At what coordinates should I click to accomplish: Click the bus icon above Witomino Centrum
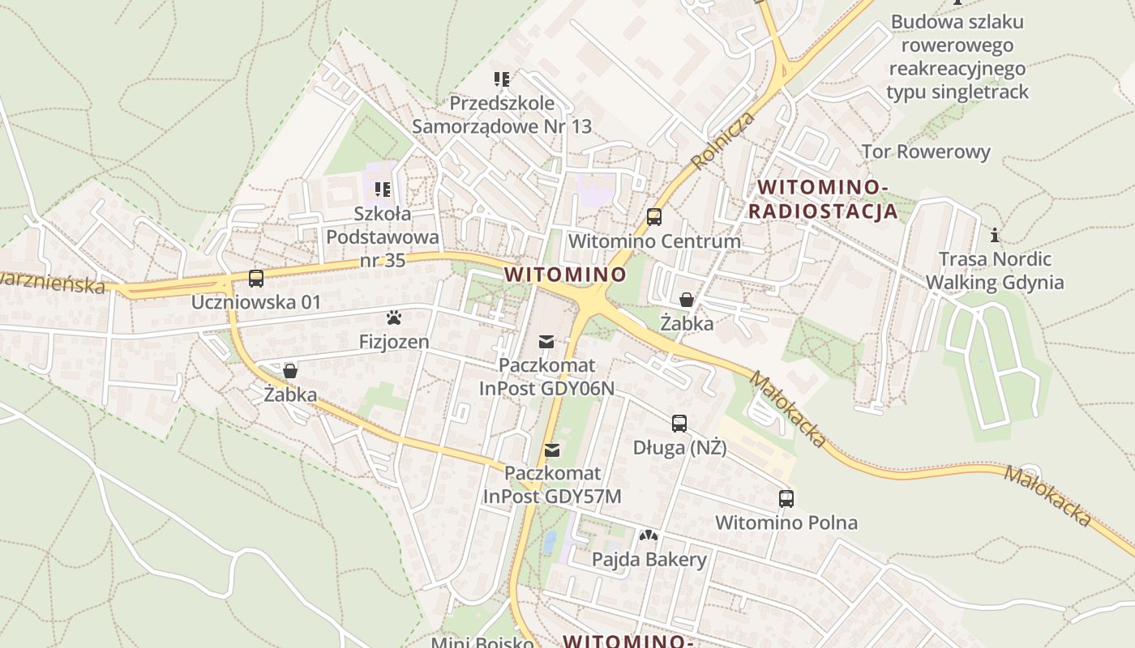point(653,217)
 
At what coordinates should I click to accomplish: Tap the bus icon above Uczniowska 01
point(256,279)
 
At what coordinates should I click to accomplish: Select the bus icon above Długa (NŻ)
point(679,423)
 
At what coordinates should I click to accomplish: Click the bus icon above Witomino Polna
point(786,498)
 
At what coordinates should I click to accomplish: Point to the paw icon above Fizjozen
point(394,318)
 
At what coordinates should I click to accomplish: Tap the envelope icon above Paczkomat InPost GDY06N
point(546,341)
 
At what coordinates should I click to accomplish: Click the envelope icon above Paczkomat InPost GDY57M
point(552,450)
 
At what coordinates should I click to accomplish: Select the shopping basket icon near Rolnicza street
point(686,300)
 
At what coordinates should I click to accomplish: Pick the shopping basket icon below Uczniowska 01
point(290,371)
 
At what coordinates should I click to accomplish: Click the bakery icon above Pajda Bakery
point(649,535)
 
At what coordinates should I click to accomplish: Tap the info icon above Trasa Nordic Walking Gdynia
point(995,236)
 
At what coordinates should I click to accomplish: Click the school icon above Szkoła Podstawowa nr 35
point(382,190)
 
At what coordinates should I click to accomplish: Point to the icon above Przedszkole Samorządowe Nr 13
point(502,79)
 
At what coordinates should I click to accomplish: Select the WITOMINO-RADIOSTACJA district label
point(823,199)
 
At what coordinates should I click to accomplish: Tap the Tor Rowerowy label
point(926,151)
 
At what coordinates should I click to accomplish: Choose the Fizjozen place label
point(394,342)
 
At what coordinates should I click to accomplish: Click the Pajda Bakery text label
point(649,559)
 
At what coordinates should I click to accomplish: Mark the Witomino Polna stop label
point(786,522)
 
